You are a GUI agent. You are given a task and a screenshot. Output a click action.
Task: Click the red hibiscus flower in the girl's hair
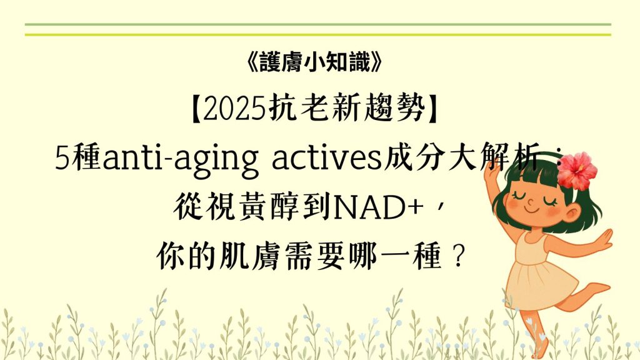point(577,171)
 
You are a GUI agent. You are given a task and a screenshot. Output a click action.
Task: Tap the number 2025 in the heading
point(234,109)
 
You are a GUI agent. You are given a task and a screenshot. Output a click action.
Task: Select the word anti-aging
point(181,159)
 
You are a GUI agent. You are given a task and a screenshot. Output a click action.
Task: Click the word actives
point(326,158)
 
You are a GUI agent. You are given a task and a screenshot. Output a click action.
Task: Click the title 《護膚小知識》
point(314,62)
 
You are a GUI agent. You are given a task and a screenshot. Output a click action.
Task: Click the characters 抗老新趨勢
point(347,109)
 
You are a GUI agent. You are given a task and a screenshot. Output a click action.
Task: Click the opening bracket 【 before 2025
point(196,109)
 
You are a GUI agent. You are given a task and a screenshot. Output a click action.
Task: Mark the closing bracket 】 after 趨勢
point(432,109)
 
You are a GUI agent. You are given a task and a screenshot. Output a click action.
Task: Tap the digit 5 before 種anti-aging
point(62,158)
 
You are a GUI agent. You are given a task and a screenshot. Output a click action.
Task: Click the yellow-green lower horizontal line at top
point(318,35)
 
